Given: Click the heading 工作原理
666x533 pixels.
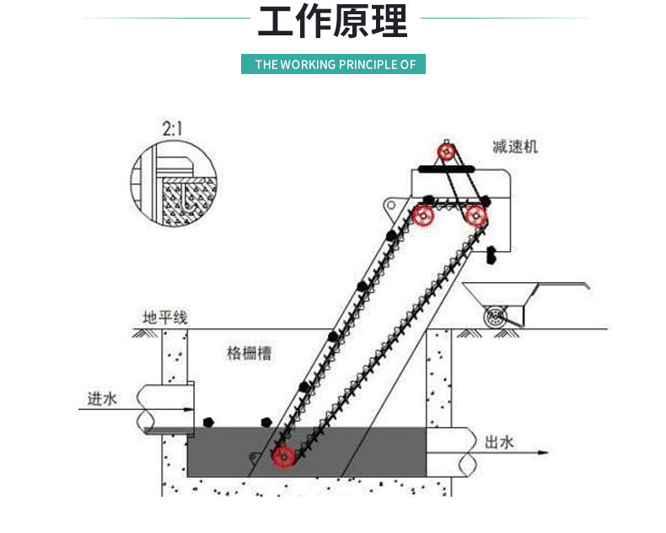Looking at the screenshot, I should pyautogui.click(x=332, y=23).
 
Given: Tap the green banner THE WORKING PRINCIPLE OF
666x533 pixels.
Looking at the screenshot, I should pyautogui.click(x=333, y=64).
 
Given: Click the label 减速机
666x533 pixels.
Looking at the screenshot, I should pyautogui.click(x=515, y=147).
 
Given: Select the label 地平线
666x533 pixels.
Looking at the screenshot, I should pyautogui.click(x=165, y=317).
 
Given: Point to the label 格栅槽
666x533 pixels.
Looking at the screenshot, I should pyautogui.click(x=249, y=354).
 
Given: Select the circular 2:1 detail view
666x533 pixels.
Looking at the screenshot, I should pyautogui.click(x=174, y=184).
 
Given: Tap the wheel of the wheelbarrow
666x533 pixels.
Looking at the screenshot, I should pyautogui.click(x=495, y=318).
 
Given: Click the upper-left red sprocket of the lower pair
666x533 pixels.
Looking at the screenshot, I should pyautogui.click(x=423, y=216).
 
